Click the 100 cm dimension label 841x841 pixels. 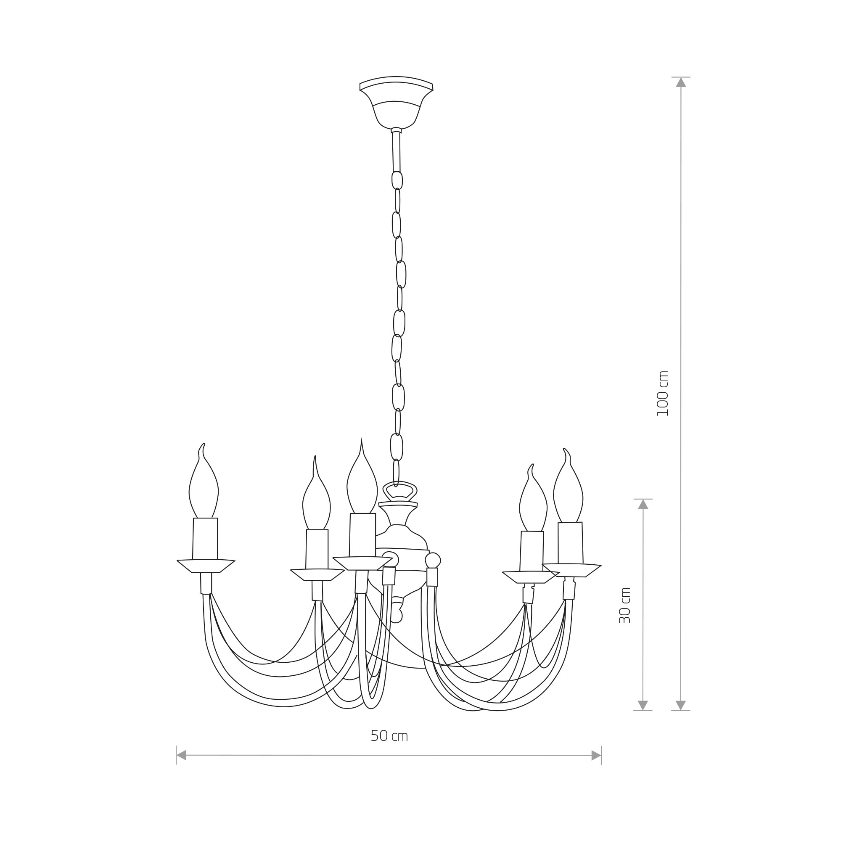point(662,393)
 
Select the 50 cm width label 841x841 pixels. point(389,735)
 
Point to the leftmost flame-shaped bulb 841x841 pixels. point(203,481)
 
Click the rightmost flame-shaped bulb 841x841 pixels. point(568,485)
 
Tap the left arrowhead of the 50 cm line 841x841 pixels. point(181,755)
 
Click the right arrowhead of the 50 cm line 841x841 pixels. point(596,755)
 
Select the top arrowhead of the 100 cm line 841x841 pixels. point(681,82)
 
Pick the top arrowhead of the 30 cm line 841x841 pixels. point(643,504)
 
